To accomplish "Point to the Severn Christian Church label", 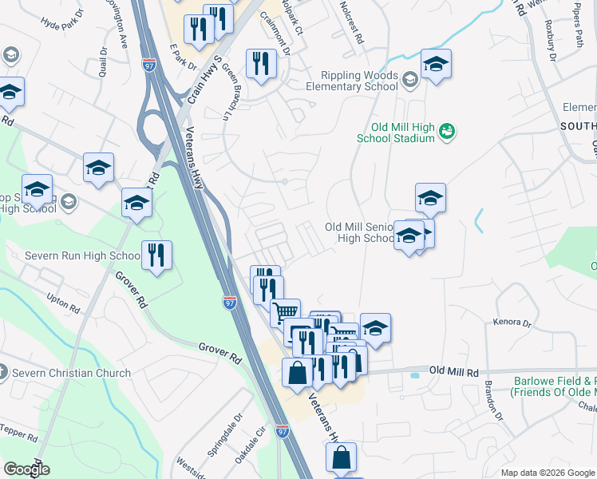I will [x=70, y=373].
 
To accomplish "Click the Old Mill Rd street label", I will [x=453, y=372].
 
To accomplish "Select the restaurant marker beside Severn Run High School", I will [x=156, y=255].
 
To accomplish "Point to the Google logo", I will [x=26, y=469].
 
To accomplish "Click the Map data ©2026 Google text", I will [x=548, y=473].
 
